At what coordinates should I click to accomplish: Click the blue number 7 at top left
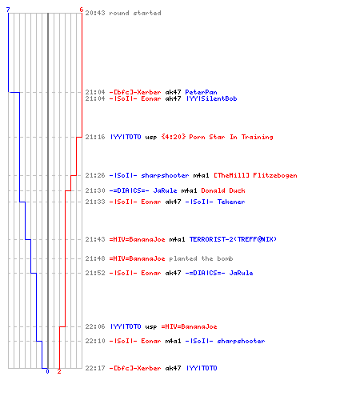coord(8,10)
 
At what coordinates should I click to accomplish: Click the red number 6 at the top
coord(82,10)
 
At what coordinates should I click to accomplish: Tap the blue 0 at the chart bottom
coord(47,371)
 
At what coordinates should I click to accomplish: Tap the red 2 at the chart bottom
coord(59,371)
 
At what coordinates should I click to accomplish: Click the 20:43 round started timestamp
coord(95,13)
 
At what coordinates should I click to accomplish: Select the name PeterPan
coord(201,92)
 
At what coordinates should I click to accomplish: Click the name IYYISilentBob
coord(211,98)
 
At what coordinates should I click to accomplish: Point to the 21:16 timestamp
coord(95,137)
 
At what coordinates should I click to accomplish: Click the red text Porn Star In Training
coord(231,137)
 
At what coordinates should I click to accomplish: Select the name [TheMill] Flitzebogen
coord(255,175)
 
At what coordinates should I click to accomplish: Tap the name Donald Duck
coord(223,190)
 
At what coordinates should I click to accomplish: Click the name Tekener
coord(231,202)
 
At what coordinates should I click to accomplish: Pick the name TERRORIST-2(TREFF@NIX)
coord(233,239)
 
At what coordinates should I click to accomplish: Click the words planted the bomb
coord(201,258)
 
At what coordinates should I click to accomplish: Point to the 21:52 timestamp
coord(95,273)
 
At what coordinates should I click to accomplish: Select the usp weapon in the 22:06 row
coord(151,327)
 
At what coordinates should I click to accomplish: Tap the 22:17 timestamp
coord(95,368)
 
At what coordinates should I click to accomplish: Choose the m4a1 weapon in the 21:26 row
coord(201,175)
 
